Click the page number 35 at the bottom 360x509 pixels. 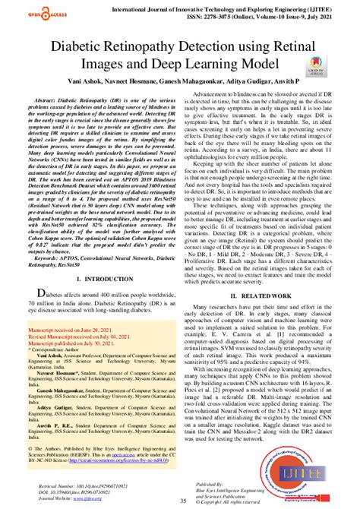point(181,501)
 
